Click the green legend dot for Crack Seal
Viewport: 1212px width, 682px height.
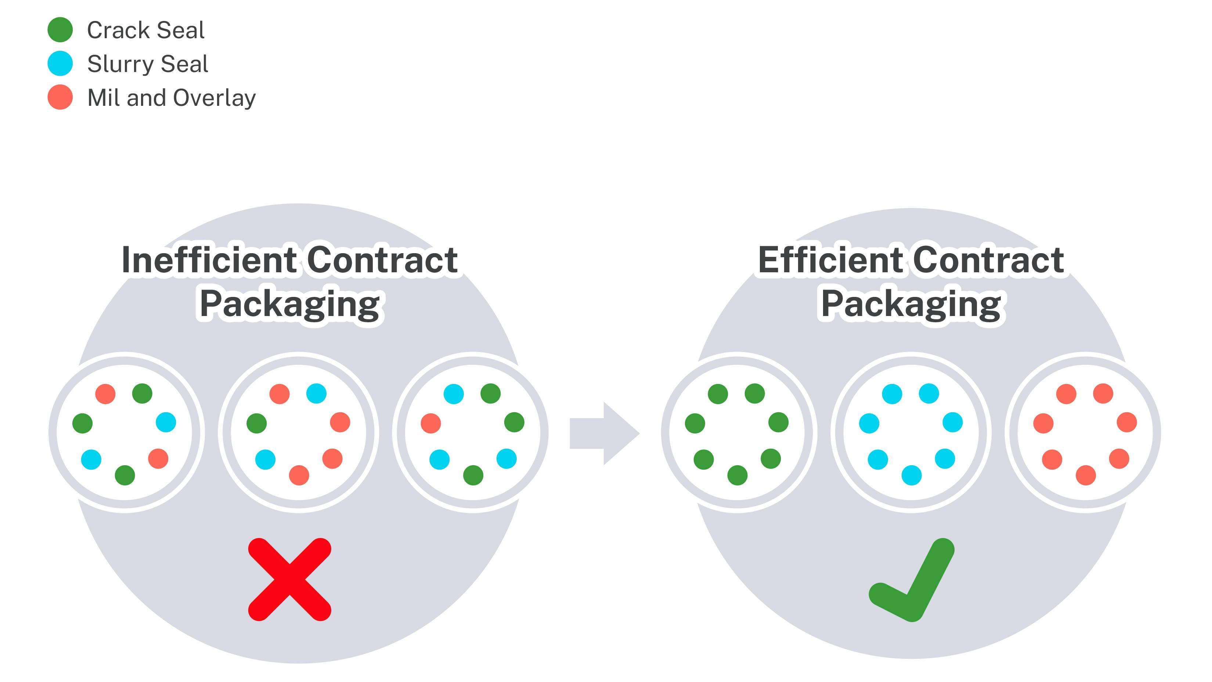point(60,30)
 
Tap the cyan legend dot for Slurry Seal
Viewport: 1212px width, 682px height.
point(60,64)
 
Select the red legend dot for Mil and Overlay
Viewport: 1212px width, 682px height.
point(60,97)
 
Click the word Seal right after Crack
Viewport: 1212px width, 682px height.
point(181,30)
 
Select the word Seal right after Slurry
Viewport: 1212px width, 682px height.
point(184,64)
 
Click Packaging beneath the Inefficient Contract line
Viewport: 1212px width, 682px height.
point(290,305)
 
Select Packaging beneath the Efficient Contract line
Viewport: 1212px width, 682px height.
point(911,305)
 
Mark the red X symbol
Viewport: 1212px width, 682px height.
point(290,579)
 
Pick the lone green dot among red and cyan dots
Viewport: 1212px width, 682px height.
point(256,423)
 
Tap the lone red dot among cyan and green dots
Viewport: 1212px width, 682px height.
point(430,423)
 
